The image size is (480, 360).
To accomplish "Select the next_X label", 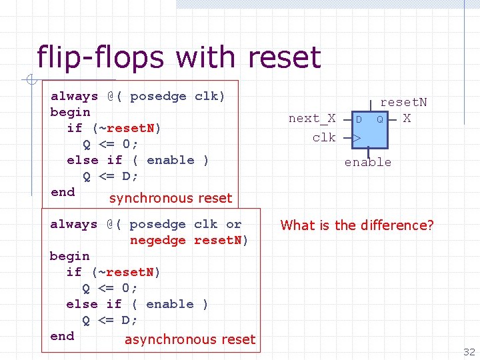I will (312, 119).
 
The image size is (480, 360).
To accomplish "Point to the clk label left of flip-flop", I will (324, 137).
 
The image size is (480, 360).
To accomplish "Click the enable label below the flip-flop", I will (368, 162).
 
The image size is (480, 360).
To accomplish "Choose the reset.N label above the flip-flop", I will (403, 102).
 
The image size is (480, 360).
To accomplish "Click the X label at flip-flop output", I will (407, 119).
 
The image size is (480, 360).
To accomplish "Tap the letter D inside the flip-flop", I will (359, 120).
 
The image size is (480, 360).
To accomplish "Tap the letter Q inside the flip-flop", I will (379, 120).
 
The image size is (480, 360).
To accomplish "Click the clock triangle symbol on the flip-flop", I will (357, 139).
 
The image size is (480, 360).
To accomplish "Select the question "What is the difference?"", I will (357, 225).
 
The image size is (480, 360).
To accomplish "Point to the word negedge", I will (158, 240).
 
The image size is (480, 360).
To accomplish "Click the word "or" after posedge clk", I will (233, 224).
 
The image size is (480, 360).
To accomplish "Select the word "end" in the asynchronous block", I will (62, 336).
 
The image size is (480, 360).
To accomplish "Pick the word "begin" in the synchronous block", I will (70, 112).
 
